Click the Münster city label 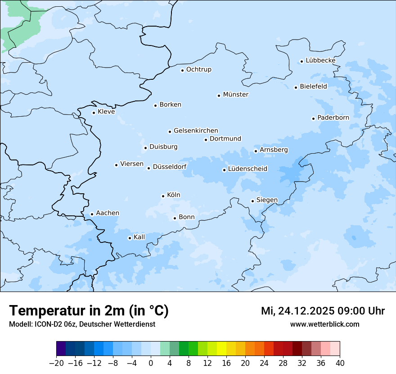click(236, 95)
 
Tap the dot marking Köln click(163, 196)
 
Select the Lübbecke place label click(320, 60)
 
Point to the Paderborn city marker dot click(313, 119)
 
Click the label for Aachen click(108, 213)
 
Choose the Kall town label click(139, 237)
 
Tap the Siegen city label click(267, 200)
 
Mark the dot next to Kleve click(94, 113)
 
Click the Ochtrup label click(198, 69)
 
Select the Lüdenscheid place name click(247, 169)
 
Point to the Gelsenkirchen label click(196, 131)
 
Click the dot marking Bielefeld click(296, 87)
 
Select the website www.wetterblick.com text click(324, 324)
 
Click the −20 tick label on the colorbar click(56, 363)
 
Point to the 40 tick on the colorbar click(340, 363)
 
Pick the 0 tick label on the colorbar click(151, 363)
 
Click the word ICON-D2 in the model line click(44, 324)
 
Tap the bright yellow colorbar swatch click(221, 349)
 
